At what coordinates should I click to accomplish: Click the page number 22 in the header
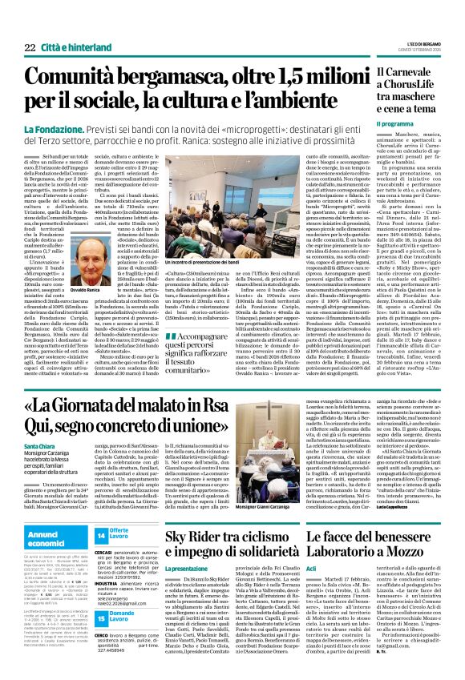pyautogui.click(x=30, y=48)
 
